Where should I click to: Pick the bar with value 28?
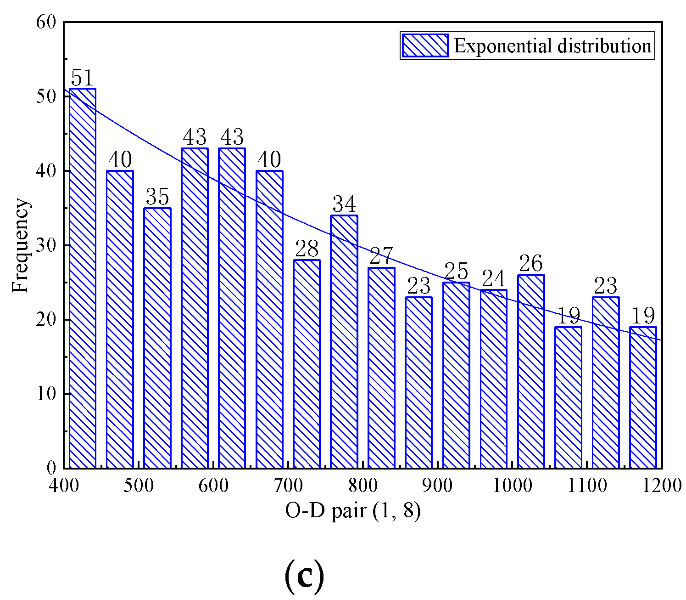click(307, 364)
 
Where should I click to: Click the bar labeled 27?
click(381, 368)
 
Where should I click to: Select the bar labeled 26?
click(531, 371)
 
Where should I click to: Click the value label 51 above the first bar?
click(83, 78)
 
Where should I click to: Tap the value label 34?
click(344, 204)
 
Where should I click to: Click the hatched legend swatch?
click(425, 45)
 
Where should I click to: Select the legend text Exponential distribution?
click(552, 46)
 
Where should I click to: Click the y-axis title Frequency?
click(20, 245)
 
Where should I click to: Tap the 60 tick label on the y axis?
click(45, 22)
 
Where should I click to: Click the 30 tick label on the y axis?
click(45, 245)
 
